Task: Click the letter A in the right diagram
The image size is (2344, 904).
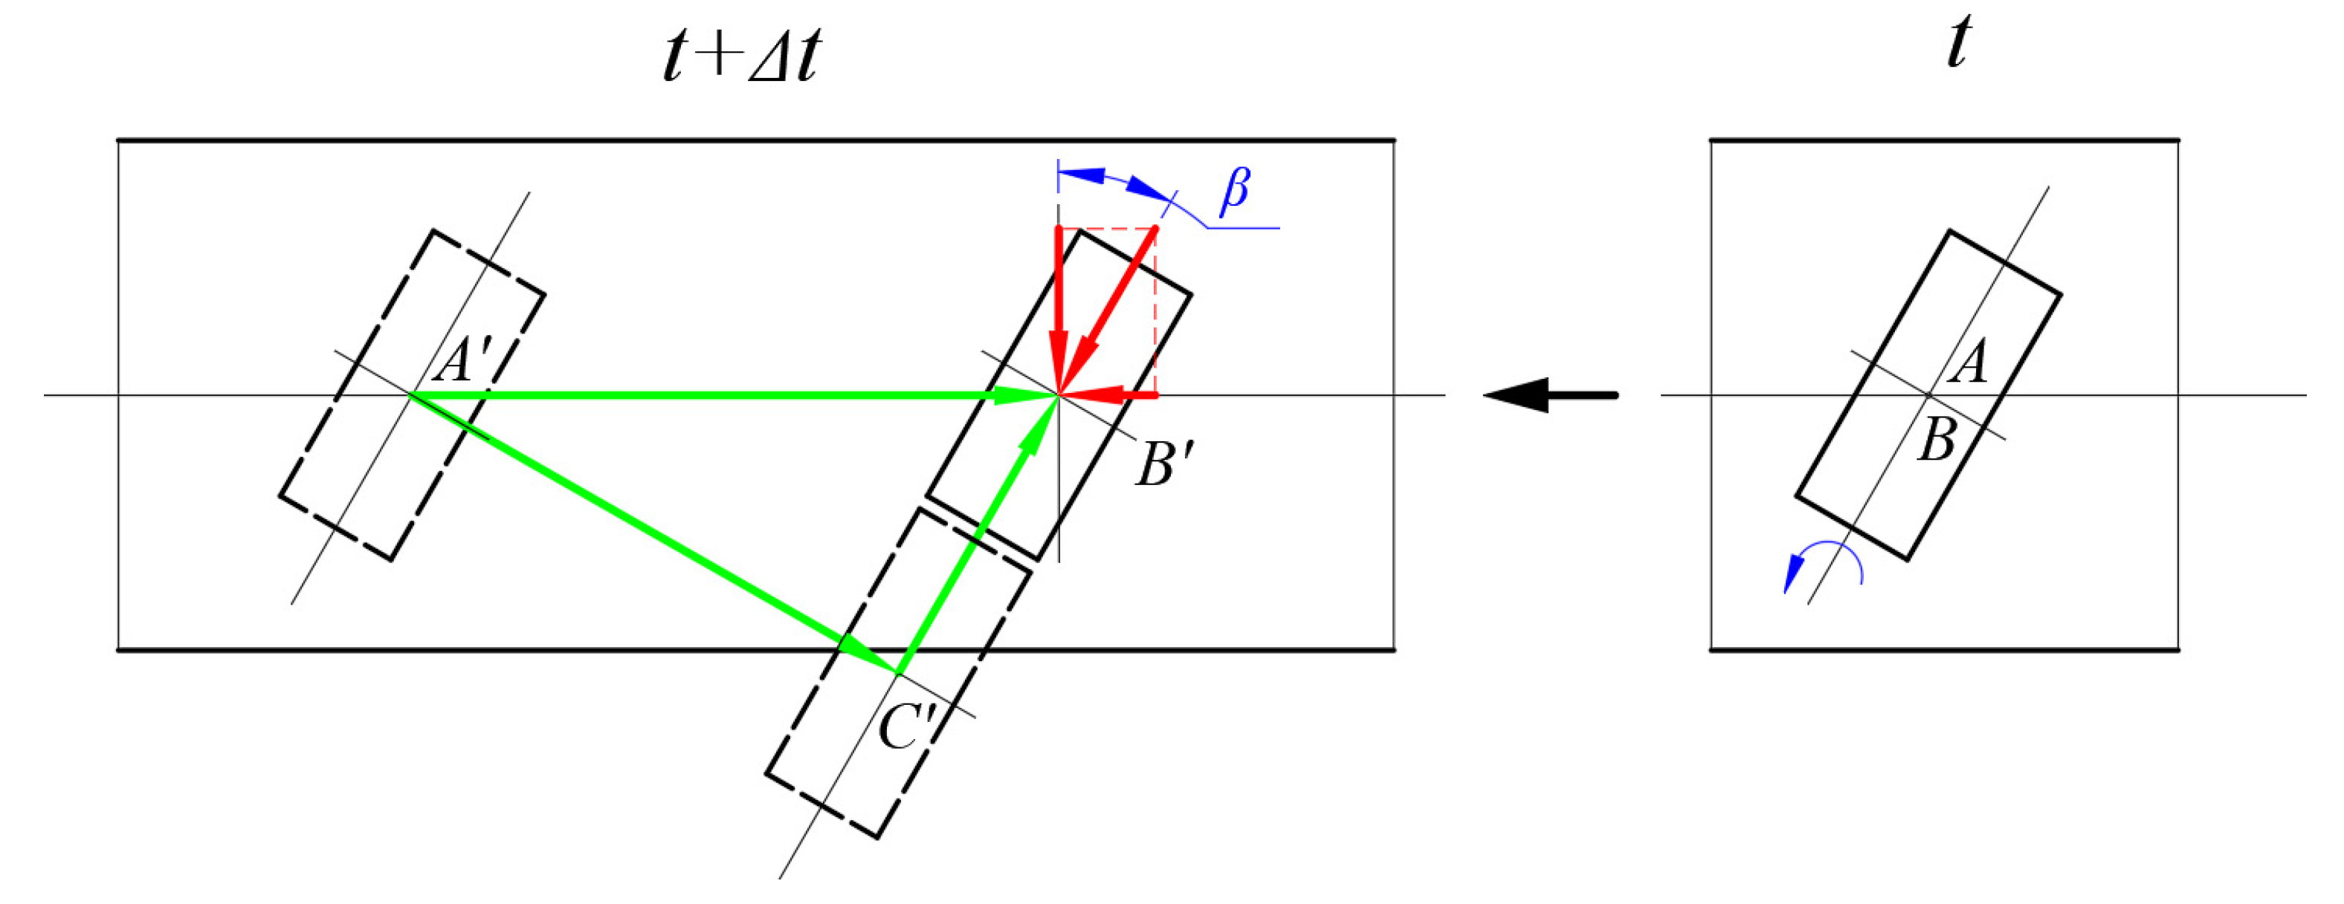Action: pos(1971,361)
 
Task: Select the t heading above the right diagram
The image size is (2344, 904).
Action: pos(1959,43)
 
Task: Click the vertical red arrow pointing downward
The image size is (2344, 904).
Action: pos(1059,309)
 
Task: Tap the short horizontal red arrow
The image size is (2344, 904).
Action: pos(1108,394)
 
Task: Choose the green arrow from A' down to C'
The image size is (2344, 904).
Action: pos(655,535)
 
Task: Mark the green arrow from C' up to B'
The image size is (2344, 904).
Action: pos(978,535)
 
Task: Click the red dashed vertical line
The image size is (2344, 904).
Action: pos(1155,311)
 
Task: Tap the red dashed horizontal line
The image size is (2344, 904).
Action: pos(1108,227)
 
